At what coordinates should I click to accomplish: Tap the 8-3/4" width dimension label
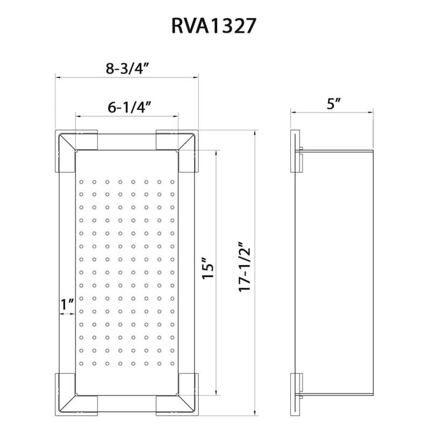point(127,68)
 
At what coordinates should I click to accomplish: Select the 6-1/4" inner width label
point(128,107)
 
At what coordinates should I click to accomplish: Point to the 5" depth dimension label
point(335,103)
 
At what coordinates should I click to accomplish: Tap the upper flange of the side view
point(295,151)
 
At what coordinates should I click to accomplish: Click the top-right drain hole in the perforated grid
point(172,182)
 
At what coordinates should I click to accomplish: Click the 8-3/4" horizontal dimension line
point(127,77)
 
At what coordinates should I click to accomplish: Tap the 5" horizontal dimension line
point(332,112)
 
